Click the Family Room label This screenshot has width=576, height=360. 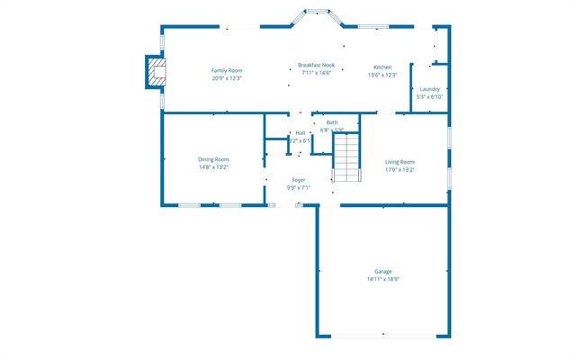[227, 70]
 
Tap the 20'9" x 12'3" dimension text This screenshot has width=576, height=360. [227, 78]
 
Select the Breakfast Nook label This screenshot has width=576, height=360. [316, 65]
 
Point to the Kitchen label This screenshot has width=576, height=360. [382, 67]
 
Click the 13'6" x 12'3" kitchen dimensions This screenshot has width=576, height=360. [382, 76]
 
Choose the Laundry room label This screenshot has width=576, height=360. [429, 88]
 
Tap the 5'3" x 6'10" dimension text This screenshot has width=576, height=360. [429, 96]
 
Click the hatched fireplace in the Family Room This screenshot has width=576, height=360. [157, 73]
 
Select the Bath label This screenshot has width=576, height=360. [332, 122]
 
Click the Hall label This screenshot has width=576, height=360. [300, 133]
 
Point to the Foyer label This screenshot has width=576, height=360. [299, 180]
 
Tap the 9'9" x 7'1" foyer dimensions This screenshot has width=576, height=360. [299, 188]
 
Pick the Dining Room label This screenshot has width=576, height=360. [214, 159]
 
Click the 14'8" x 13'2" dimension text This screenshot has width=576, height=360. [214, 167]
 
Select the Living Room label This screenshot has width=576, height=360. [400, 161]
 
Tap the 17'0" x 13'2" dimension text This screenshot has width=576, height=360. [400, 169]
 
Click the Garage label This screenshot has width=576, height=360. [383, 271]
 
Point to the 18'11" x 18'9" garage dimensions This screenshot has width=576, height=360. [383, 279]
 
